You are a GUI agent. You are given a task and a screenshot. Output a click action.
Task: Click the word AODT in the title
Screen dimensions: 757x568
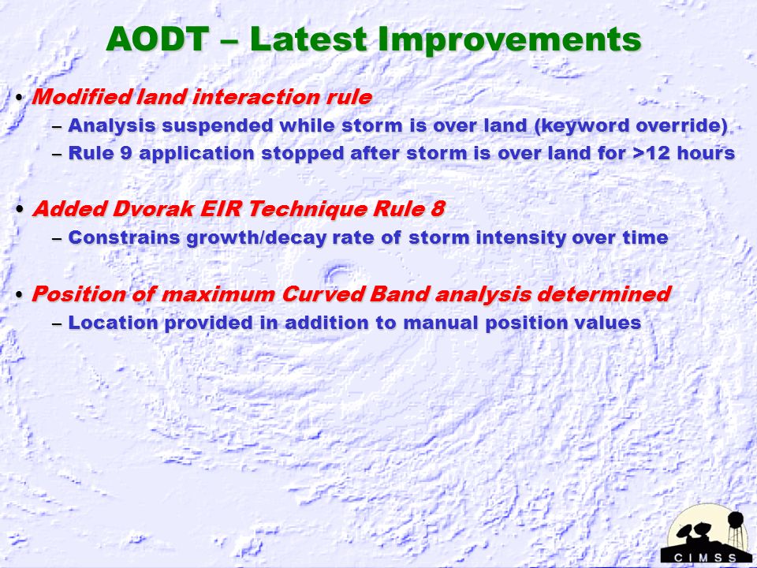pyautogui.click(x=158, y=39)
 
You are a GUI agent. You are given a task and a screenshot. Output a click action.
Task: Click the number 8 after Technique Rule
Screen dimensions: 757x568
pyautogui.click(x=437, y=209)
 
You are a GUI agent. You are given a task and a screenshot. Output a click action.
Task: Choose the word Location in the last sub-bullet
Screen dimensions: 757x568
pyautogui.click(x=113, y=323)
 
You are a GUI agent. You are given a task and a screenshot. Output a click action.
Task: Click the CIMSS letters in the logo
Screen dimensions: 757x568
pyautogui.click(x=705, y=558)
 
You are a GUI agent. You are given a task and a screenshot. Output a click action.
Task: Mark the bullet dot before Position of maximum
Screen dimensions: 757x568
pyautogui.click(x=19, y=294)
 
